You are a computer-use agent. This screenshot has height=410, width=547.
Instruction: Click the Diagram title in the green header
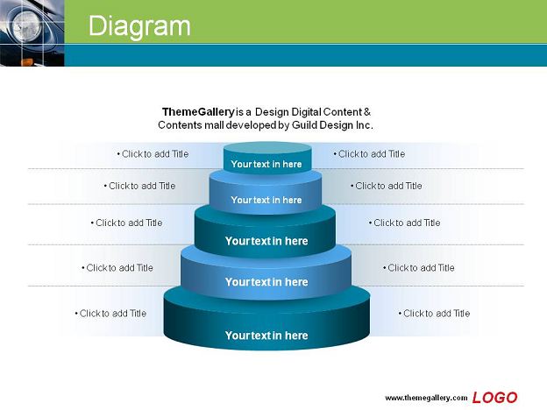pos(139,26)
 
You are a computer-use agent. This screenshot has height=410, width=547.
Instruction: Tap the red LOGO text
pos(494,398)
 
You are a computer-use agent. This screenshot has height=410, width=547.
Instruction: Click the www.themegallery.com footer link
pos(426,398)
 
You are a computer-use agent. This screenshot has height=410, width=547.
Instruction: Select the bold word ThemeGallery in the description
pos(198,112)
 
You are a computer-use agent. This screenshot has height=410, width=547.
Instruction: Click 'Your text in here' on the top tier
pos(266,164)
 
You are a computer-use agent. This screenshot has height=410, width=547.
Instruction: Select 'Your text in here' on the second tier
pos(266,200)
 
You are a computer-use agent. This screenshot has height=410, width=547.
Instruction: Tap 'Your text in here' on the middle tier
pos(266,241)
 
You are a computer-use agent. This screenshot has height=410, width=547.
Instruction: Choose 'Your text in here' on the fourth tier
pos(266,282)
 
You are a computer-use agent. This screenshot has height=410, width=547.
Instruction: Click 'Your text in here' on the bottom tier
pos(266,336)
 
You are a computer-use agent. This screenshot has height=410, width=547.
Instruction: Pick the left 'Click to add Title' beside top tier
pos(153,154)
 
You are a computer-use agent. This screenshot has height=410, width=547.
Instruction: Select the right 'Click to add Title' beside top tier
pos(370,154)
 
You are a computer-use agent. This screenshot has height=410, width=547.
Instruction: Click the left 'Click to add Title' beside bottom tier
pos(111,313)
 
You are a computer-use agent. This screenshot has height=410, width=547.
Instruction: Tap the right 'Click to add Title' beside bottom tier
pos(435,313)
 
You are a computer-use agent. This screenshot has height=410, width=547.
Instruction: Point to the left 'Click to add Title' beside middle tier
pos(127,223)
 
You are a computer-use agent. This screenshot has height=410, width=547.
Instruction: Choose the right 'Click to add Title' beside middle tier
pos(405,223)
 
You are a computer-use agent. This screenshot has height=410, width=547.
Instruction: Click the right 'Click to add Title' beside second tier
pos(387,186)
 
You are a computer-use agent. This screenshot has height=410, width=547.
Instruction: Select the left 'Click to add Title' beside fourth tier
pos(117,268)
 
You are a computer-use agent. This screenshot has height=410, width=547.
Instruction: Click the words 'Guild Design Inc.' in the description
pos(332,125)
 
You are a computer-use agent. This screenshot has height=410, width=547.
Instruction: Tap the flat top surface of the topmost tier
pos(267,148)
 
